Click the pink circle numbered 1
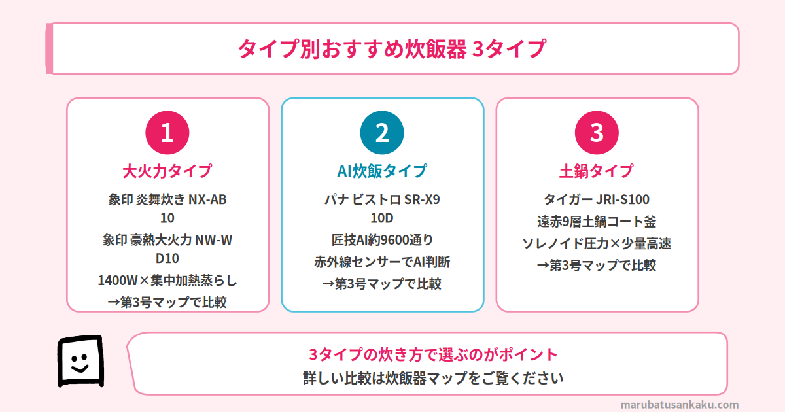(167, 133)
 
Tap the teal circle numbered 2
(382, 133)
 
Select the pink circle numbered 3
(597, 133)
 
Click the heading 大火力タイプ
(167, 171)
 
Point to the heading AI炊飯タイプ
(382, 171)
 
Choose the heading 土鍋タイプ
(597, 171)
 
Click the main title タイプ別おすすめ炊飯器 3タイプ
(392, 48)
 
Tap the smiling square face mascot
(80, 361)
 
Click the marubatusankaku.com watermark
(680, 405)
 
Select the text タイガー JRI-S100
(597, 199)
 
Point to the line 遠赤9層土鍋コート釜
(597, 222)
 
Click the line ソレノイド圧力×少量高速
(597, 243)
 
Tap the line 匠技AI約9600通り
(382, 240)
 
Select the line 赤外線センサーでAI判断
(382, 262)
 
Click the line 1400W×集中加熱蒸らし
(167, 281)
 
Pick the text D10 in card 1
(167, 258)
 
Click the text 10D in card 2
(382, 218)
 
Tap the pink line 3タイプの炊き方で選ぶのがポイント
(433, 354)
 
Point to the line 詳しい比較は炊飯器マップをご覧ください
(433, 379)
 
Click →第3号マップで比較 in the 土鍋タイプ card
(597, 266)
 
